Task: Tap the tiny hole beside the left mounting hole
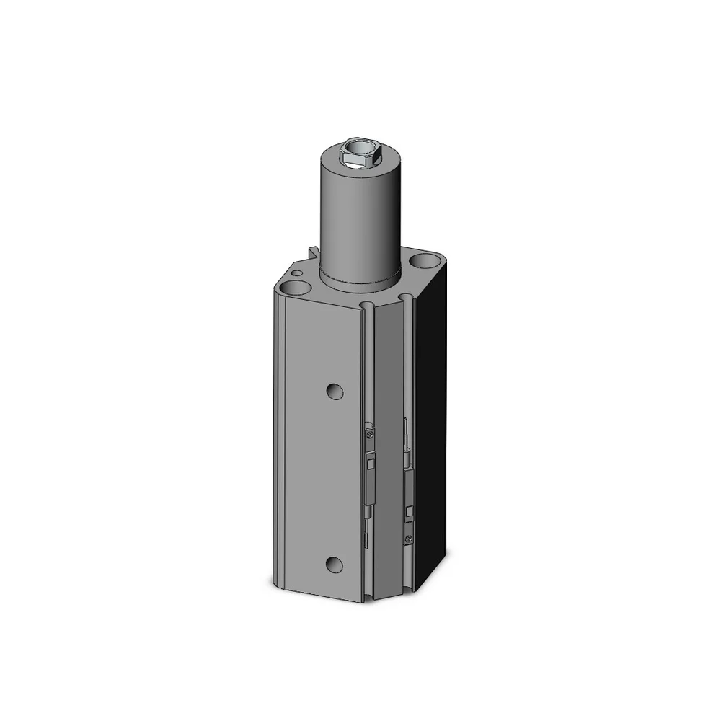(x=296, y=273)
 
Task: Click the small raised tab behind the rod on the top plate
(x=312, y=252)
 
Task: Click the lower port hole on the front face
(x=333, y=565)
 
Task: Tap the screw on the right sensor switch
(x=409, y=537)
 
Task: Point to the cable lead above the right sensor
(x=407, y=447)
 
